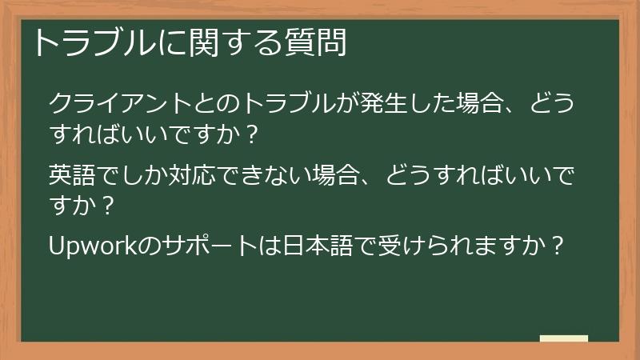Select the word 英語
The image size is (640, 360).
click(x=74, y=174)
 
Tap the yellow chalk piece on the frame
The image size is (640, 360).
click(x=564, y=339)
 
